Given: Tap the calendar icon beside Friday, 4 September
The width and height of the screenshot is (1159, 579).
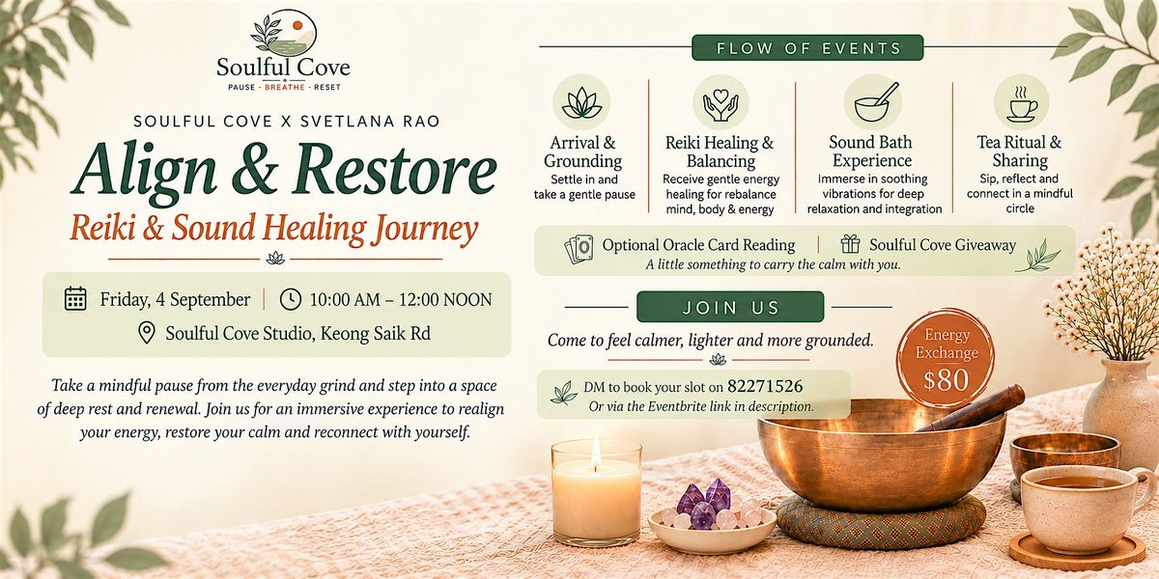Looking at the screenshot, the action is tap(75, 299).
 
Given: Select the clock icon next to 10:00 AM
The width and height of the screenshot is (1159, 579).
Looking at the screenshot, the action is tap(291, 299).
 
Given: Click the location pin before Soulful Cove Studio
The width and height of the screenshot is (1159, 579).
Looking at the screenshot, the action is tap(147, 333).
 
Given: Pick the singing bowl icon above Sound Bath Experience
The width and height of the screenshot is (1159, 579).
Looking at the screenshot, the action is tap(873, 102).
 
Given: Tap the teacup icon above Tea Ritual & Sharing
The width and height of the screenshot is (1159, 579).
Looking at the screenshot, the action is tap(1021, 105).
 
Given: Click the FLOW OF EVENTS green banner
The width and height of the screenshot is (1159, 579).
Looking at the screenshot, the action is tap(807, 48).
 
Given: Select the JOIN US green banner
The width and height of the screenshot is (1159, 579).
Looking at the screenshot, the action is tap(730, 307).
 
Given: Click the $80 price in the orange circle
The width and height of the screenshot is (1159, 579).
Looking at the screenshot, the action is tap(946, 380).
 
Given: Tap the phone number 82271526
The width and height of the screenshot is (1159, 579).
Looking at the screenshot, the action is tap(765, 386).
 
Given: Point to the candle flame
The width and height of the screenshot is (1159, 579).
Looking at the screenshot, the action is tap(596, 448).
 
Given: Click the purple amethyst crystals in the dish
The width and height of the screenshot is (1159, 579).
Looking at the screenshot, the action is tap(705, 503).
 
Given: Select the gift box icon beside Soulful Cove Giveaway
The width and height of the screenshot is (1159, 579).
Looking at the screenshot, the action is tap(850, 244).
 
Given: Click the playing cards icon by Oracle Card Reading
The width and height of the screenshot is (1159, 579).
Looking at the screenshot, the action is tap(579, 249).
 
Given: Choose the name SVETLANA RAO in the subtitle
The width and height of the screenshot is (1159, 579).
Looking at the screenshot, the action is tap(370, 122).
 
